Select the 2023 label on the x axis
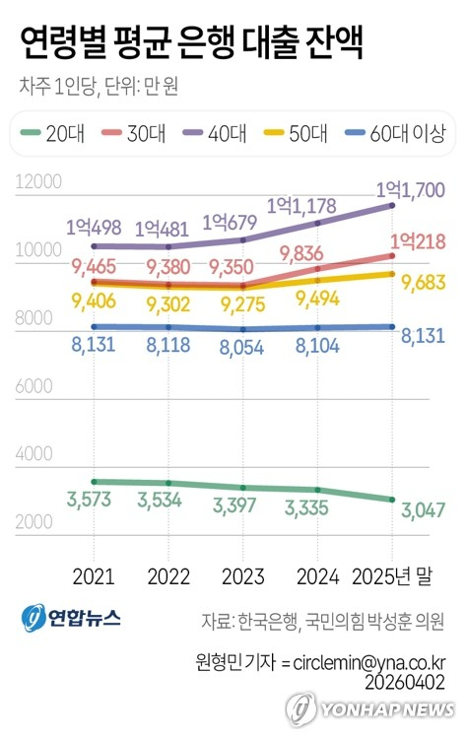tap(243, 574)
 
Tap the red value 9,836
tap(318, 253)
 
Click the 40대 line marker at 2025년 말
tap(393, 205)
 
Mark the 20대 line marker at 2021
tap(93, 482)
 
